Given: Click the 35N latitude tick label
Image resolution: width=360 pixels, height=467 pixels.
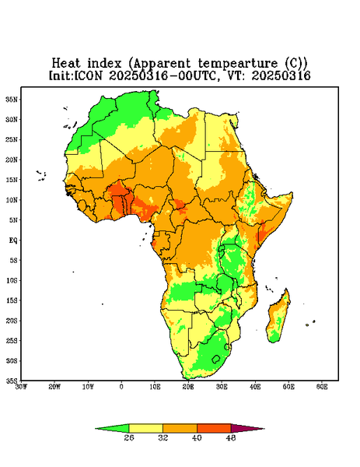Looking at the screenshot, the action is pos(12,99).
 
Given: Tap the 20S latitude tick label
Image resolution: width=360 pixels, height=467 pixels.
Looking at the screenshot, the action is pos(12,321).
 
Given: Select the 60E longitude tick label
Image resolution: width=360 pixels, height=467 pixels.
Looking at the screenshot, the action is pos(322,387).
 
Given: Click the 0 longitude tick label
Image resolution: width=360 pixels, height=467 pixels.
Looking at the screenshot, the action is pos(121,387).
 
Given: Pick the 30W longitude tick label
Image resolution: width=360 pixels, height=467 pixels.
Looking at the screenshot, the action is pos(21,387).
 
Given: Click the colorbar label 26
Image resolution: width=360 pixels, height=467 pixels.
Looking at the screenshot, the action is pos(129,437).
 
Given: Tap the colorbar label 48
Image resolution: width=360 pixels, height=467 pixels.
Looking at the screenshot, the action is pos(231,437).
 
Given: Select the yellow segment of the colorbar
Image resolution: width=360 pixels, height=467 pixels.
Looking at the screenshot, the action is pos(145,428).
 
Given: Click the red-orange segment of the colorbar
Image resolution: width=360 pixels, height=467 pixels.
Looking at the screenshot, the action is pos(214,428).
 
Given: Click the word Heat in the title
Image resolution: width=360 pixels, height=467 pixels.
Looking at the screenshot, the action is pos(66,63).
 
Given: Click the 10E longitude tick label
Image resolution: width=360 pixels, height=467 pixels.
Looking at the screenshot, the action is pos(155,387).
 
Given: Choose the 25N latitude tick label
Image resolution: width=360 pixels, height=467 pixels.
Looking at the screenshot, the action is pos(12,139).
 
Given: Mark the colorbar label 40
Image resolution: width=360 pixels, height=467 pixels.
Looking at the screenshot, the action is pos(197,437).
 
